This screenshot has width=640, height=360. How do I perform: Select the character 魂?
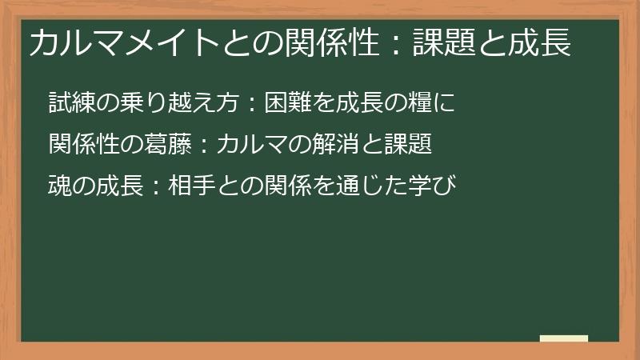pos(59,186)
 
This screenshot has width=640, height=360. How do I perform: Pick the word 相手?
pos(193,186)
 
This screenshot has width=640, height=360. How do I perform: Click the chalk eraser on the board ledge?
pos(563,338)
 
